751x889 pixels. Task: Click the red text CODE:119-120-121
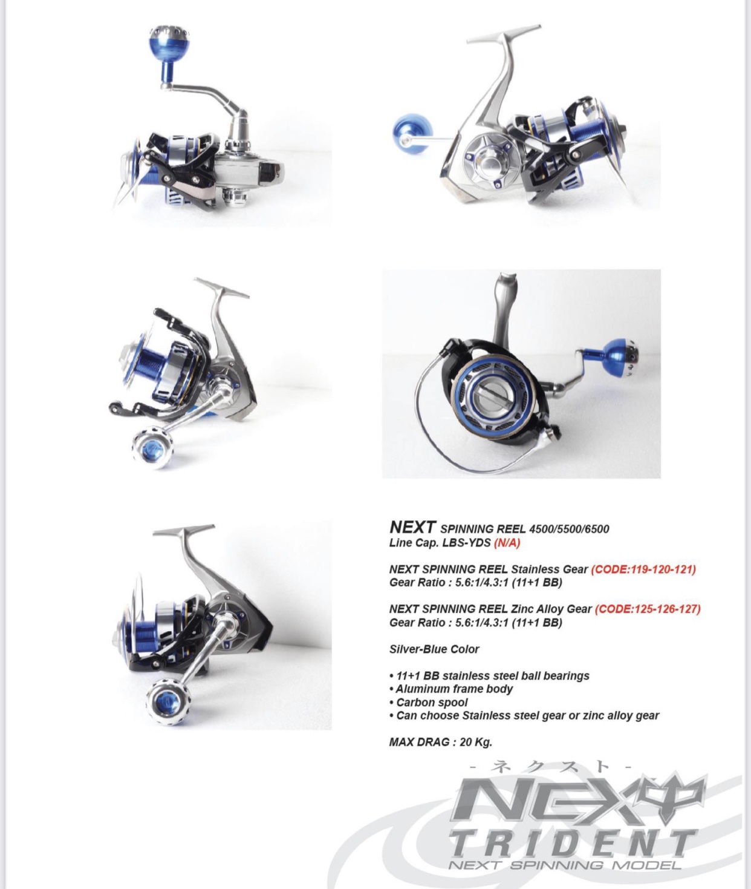pyautogui.click(x=643, y=569)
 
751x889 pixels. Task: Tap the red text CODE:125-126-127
pyautogui.click(x=648, y=609)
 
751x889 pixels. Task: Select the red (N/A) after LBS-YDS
pyautogui.click(x=507, y=543)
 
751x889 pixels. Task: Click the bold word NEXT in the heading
pyautogui.click(x=413, y=527)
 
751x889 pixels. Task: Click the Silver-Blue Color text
pyautogui.click(x=434, y=649)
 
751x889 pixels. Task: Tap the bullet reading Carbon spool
pyautogui.click(x=429, y=703)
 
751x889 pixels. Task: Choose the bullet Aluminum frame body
pyautogui.click(x=451, y=689)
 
